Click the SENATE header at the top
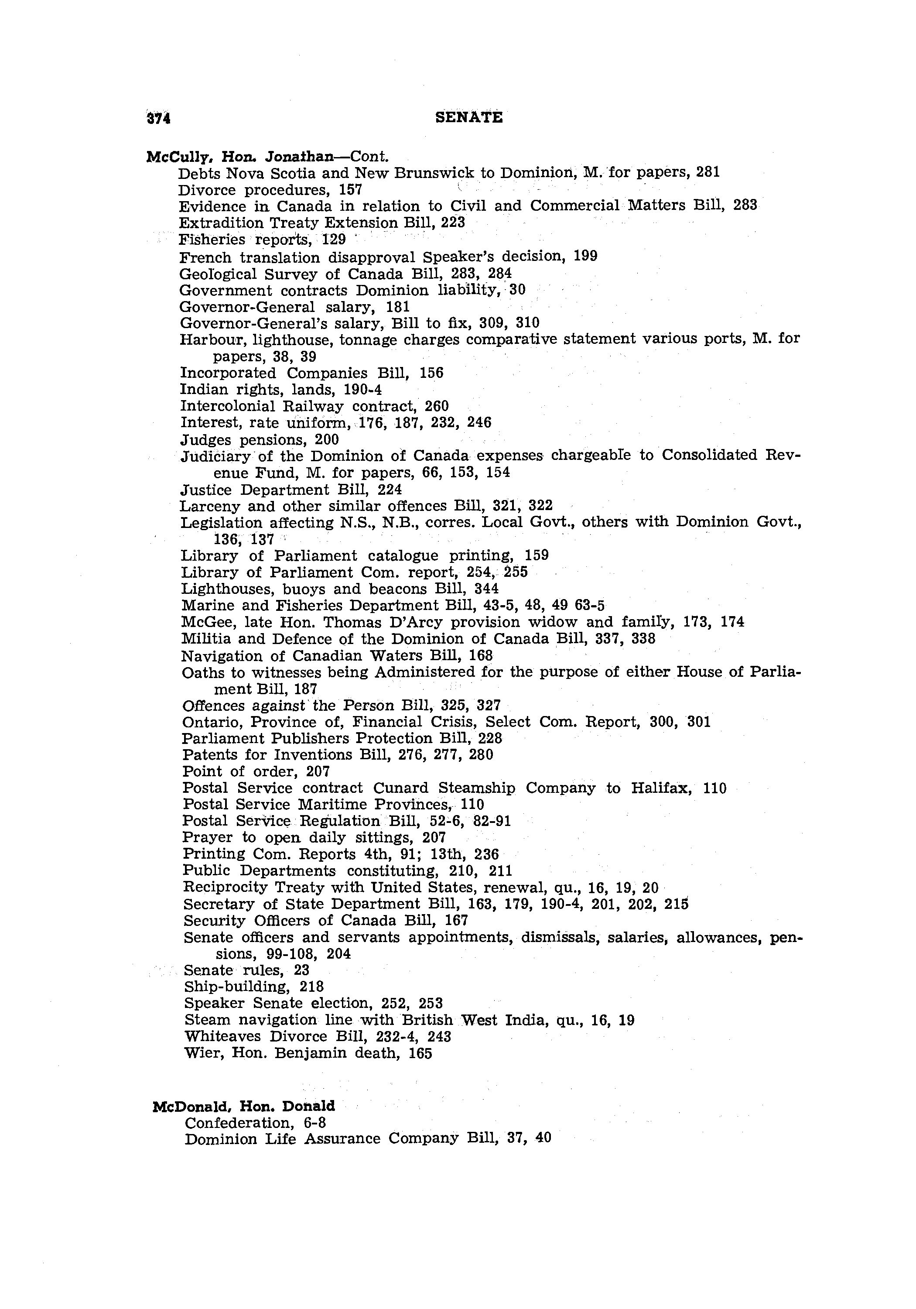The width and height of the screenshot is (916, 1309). tap(468, 117)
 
